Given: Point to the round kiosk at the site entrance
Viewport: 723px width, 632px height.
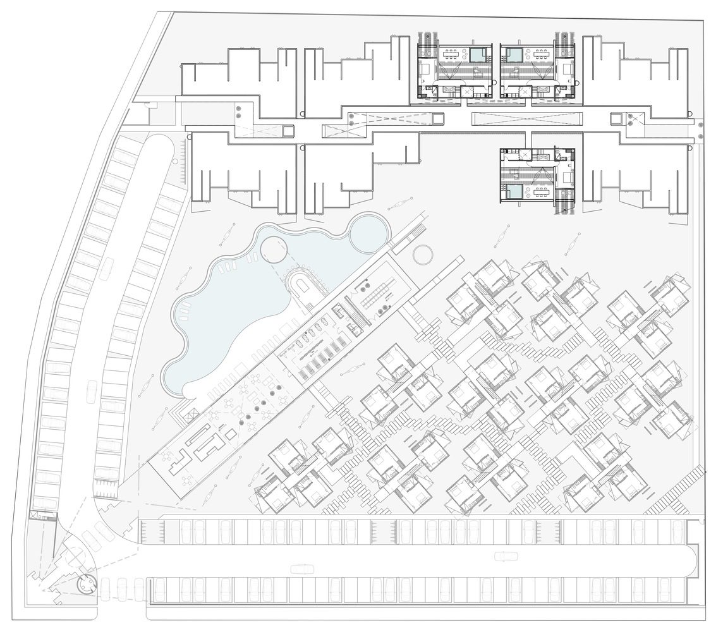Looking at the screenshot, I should [84, 585].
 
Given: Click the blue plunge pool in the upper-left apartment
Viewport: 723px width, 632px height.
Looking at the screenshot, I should [478, 55].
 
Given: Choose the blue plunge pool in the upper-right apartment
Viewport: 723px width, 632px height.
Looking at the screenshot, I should [513, 55].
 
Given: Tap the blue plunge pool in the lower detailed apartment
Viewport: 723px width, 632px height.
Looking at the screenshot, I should [513, 192].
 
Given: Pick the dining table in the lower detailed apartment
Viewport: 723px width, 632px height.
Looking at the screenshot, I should [541, 190].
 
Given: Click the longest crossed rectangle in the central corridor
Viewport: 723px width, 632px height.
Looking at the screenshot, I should [528, 118].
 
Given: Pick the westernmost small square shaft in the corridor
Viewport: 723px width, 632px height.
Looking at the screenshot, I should [288, 131].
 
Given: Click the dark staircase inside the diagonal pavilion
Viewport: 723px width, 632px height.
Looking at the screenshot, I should [358, 315].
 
